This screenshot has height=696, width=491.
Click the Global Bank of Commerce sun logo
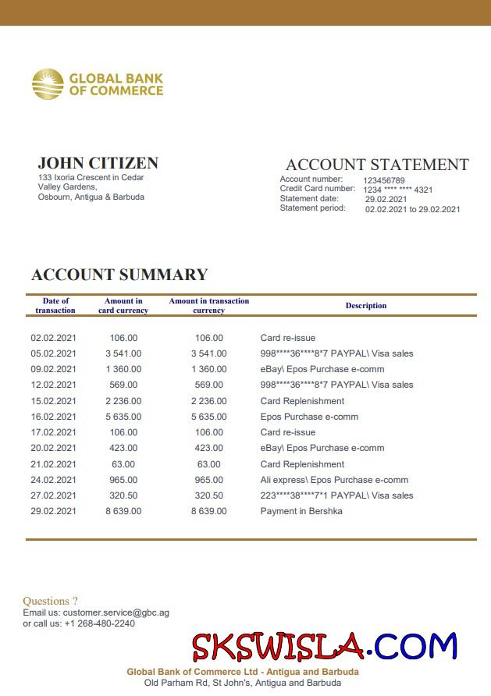click(48, 84)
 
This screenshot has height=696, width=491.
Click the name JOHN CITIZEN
click(98, 163)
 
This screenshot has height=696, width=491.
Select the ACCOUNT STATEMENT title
click(377, 165)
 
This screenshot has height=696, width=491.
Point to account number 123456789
click(384, 180)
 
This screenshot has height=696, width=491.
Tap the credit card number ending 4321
click(397, 190)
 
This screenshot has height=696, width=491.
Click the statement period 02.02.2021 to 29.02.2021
click(413, 209)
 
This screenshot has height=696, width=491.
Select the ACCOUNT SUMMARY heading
click(119, 275)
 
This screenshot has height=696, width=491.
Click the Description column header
click(366, 306)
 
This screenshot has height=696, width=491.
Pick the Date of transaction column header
click(55, 306)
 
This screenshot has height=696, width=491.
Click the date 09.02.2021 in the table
click(54, 369)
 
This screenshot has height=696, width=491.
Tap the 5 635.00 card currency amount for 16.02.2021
click(123, 417)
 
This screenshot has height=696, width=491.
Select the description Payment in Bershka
click(301, 511)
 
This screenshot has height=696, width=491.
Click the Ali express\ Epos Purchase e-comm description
click(334, 480)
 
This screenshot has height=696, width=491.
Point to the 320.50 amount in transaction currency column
click(208, 495)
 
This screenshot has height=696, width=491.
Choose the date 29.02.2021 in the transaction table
click(54, 511)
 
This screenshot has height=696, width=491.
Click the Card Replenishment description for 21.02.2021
click(302, 464)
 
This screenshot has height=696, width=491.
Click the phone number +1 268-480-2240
click(99, 623)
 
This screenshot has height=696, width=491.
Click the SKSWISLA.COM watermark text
click(324, 646)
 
